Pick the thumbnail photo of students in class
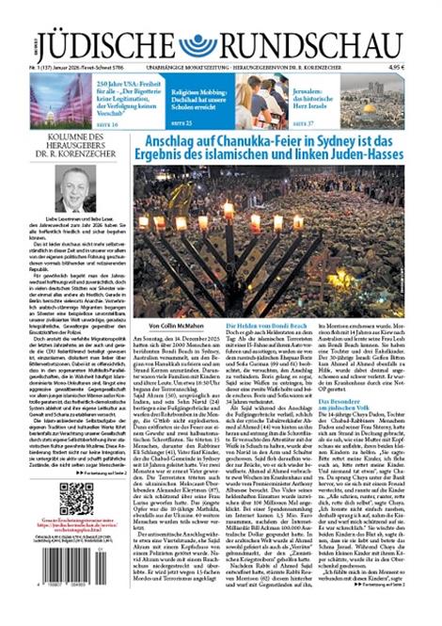pos(260,101)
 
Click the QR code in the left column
pos(73,498)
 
